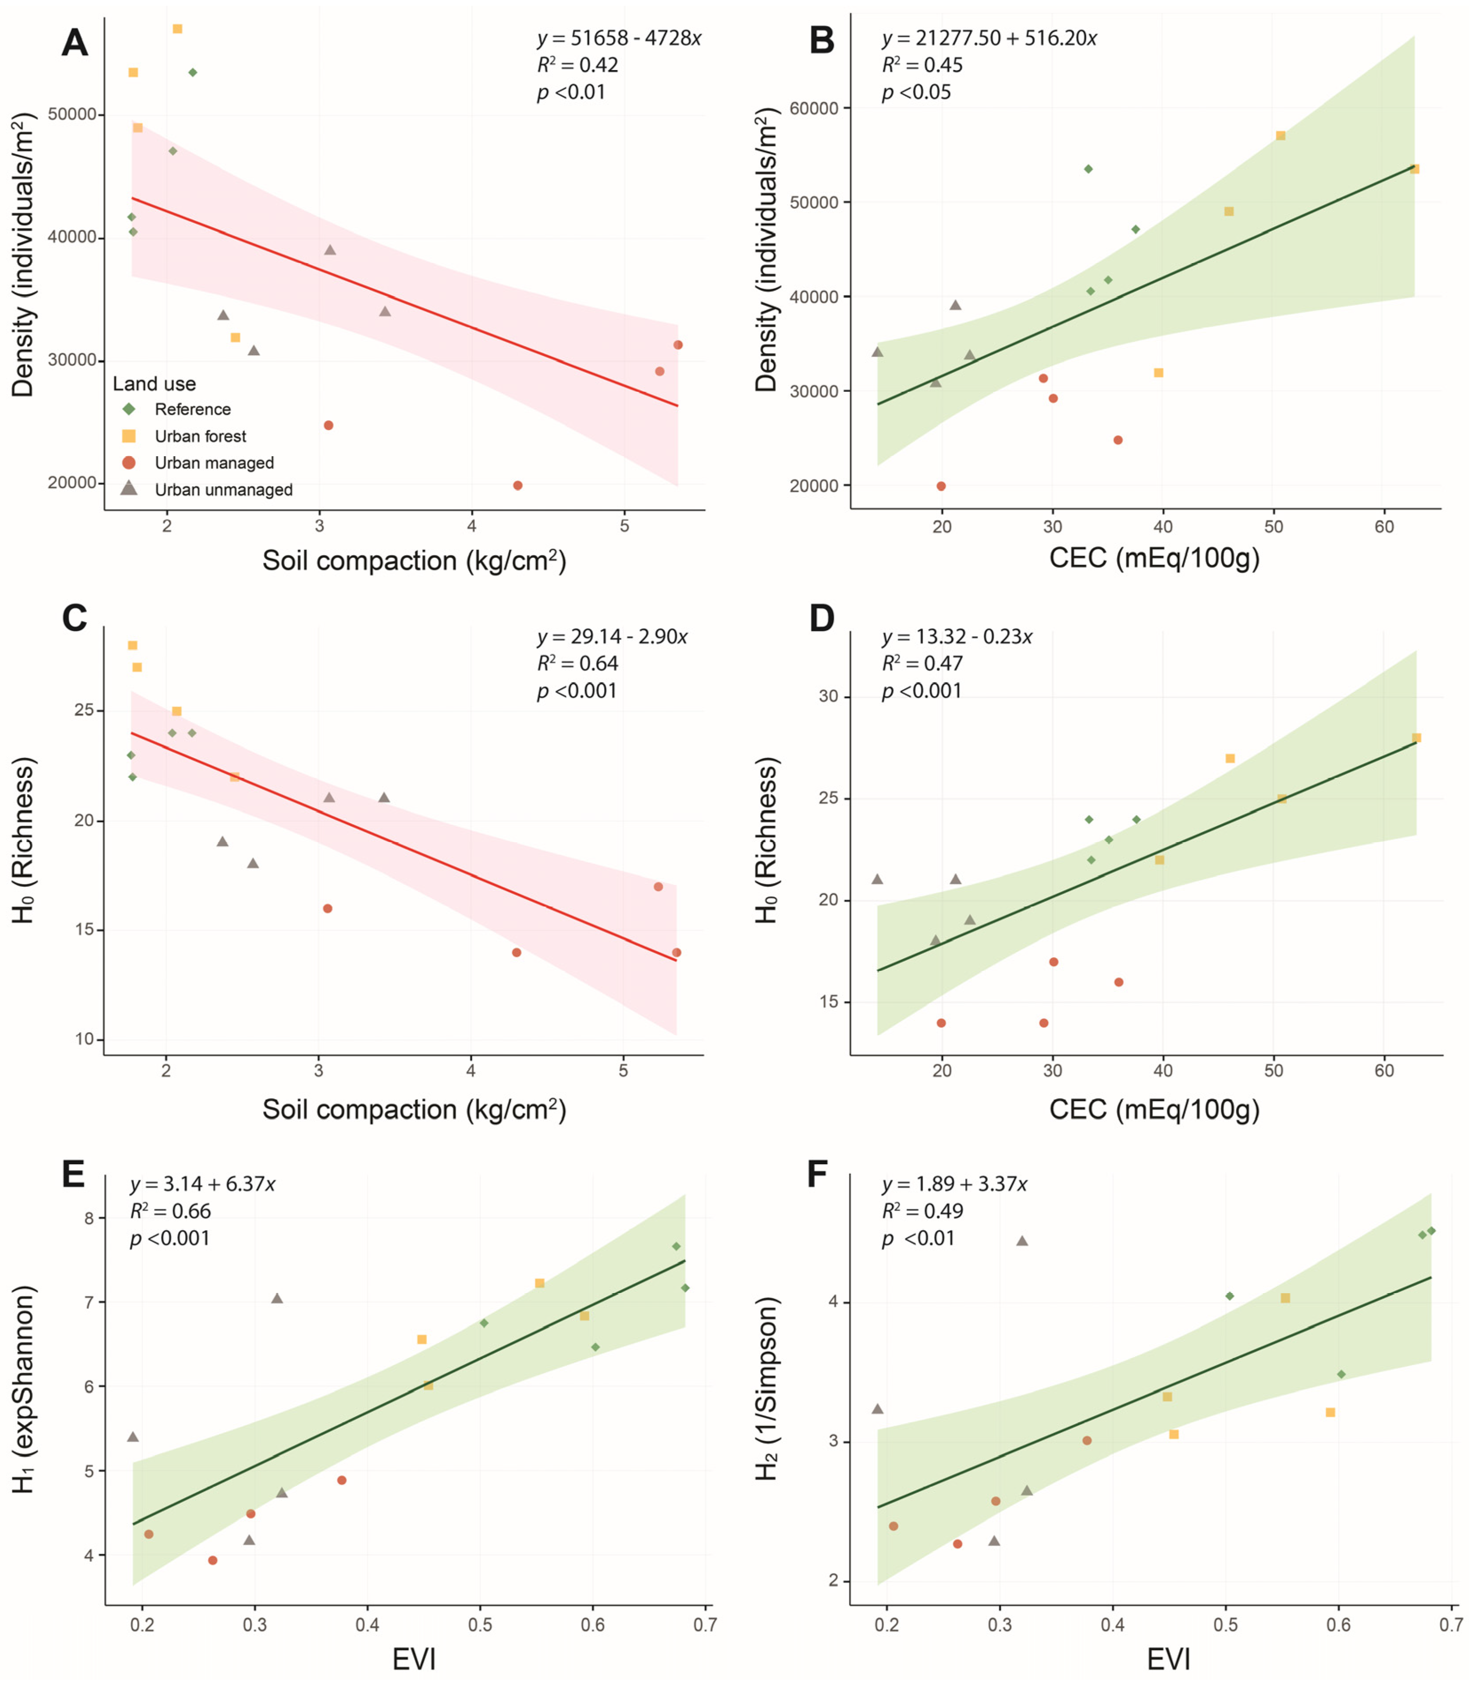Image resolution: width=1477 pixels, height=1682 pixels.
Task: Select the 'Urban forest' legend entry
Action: coord(200,436)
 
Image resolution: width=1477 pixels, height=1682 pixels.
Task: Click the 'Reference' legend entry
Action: coord(193,409)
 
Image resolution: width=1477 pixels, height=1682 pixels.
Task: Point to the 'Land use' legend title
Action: coord(154,383)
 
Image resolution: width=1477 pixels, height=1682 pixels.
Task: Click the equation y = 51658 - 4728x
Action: coord(619,38)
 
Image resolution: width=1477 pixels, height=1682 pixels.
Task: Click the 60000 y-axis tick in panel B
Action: coord(814,109)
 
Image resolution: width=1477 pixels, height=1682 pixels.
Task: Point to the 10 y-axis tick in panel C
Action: coord(85,1039)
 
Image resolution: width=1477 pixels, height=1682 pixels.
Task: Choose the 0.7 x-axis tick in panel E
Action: coord(704,1625)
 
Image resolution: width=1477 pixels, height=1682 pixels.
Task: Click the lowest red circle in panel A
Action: coord(517,486)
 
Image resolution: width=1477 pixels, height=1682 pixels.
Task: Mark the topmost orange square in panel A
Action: coord(177,29)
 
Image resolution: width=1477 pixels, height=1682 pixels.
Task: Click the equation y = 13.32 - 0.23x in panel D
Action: coord(957,637)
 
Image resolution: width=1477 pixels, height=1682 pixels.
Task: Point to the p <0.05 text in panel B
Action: coord(916,92)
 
